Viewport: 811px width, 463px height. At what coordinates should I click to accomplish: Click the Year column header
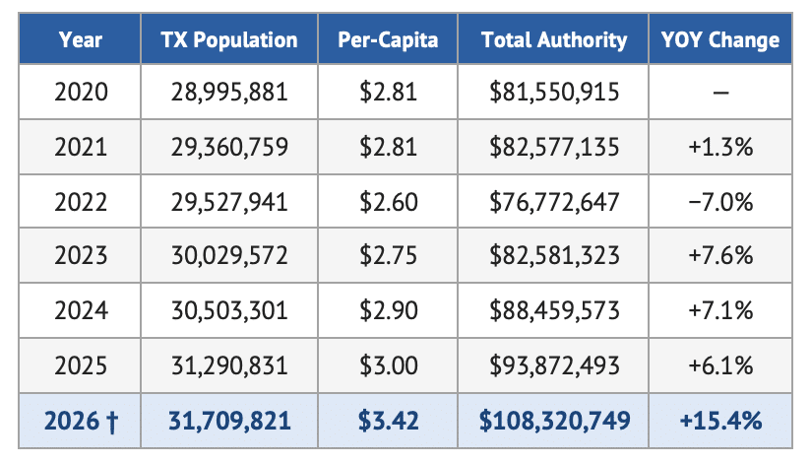(x=80, y=39)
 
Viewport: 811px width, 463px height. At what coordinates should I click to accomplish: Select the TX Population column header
(x=229, y=39)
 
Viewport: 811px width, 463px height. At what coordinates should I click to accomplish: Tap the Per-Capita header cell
(x=388, y=39)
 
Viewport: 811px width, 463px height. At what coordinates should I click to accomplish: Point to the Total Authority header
(x=554, y=39)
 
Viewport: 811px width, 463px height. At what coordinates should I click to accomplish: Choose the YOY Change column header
(x=720, y=39)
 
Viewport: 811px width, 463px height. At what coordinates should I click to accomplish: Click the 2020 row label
(x=81, y=93)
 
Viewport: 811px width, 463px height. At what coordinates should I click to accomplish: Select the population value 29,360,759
(x=229, y=147)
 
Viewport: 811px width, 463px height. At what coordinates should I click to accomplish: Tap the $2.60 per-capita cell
(x=389, y=202)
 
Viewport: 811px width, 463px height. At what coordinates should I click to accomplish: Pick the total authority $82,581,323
(x=554, y=255)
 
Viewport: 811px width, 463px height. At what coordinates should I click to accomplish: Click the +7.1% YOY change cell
(x=720, y=310)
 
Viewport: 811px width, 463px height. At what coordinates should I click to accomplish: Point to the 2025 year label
(x=81, y=365)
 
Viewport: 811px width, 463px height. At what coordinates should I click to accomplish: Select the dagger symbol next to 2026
(x=112, y=421)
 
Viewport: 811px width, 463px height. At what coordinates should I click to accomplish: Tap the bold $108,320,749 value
(x=554, y=420)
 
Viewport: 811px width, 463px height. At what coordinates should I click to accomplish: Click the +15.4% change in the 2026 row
(x=720, y=420)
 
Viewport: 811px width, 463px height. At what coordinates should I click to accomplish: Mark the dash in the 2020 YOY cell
(x=720, y=94)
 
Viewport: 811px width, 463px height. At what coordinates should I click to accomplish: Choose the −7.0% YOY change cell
(x=720, y=202)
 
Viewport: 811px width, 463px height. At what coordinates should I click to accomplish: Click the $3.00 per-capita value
(x=389, y=365)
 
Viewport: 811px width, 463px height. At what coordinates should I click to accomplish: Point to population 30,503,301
(x=229, y=310)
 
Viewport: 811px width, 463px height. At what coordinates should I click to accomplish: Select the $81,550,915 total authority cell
(x=554, y=93)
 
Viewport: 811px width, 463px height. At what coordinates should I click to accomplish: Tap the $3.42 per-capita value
(x=389, y=420)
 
